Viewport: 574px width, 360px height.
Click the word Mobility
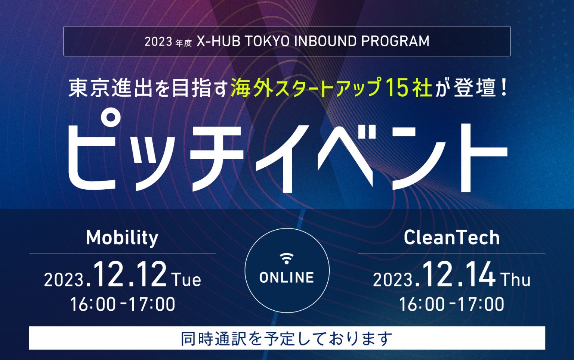pyautogui.click(x=122, y=238)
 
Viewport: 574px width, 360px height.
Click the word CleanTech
pyautogui.click(x=451, y=238)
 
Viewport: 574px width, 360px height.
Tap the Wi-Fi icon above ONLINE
pyautogui.click(x=287, y=258)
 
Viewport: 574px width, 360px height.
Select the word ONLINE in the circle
pyautogui.click(x=287, y=277)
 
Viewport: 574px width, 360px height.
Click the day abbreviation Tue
pyautogui.click(x=186, y=280)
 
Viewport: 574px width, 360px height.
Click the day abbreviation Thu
pyautogui.click(x=515, y=280)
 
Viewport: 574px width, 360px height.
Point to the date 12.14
pyautogui.click(x=458, y=275)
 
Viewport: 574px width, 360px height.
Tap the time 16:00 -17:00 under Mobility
pyautogui.click(x=123, y=304)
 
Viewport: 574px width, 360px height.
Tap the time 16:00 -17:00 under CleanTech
pyautogui.click(x=451, y=304)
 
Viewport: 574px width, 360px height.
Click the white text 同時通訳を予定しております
pyautogui.click(x=287, y=338)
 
